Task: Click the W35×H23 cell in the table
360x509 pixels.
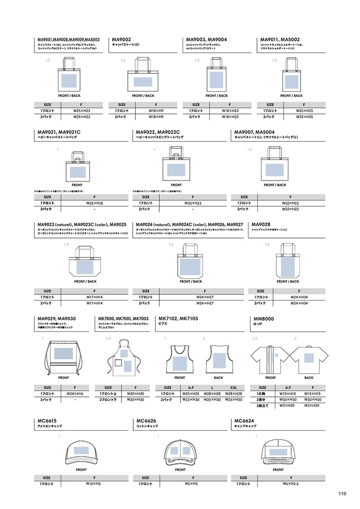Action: tap(193, 203)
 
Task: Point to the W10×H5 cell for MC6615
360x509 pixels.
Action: tap(93, 484)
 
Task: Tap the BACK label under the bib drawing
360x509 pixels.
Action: tap(218, 378)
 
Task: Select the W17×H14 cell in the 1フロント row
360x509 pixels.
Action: tap(94, 297)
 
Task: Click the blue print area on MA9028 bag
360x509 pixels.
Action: tap(287, 266)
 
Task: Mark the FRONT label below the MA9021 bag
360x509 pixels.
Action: tap(77, 185)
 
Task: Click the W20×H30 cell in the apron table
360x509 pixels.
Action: tap(135, 400)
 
